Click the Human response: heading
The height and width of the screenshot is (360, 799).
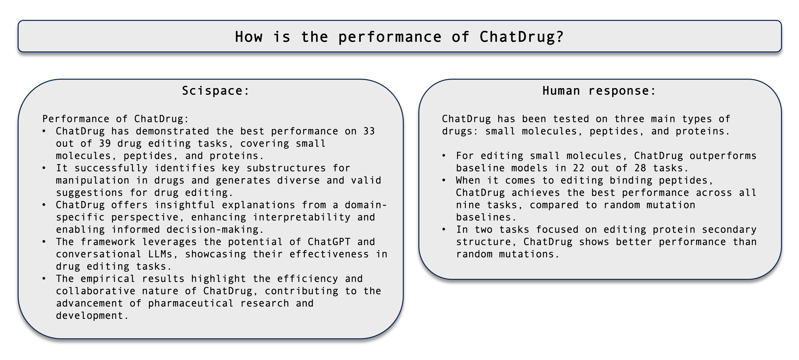point(599,91)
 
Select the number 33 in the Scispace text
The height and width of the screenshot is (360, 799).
point(369,131)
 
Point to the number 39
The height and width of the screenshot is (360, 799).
point(105,144)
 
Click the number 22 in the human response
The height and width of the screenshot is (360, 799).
point(579,168)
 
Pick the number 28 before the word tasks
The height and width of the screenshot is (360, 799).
point(640,168)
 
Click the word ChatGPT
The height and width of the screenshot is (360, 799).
point(329,242)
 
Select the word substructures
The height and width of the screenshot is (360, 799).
point(286,168)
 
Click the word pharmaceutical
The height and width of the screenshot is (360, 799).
point(191,303)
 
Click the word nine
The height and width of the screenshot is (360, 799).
point(468,205)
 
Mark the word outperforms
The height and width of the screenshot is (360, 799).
point(723,156)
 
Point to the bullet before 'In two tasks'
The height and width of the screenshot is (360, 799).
point(444,230)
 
